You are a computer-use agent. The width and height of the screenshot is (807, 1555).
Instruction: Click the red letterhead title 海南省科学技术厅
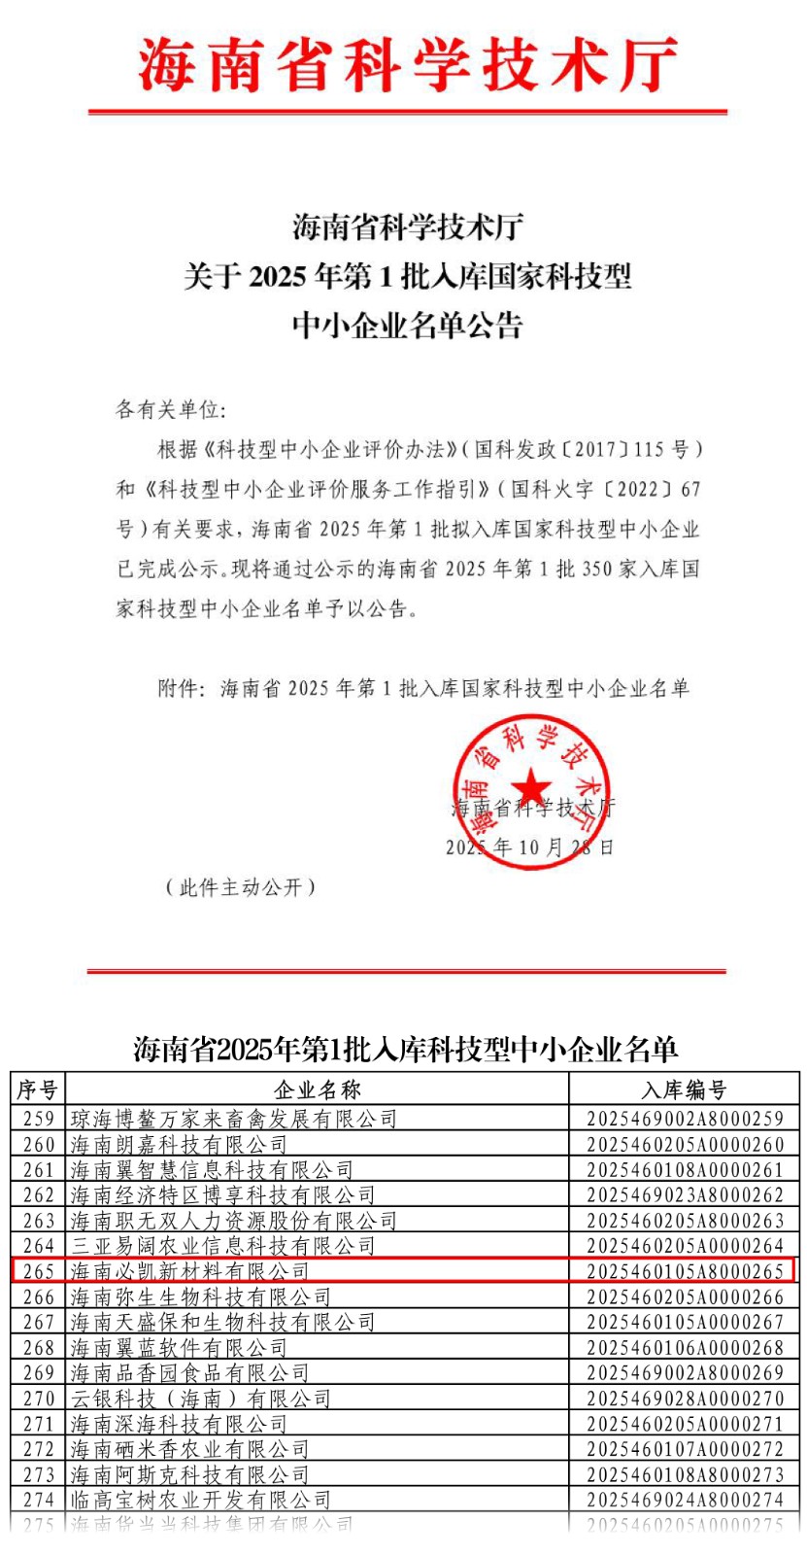point(407,64)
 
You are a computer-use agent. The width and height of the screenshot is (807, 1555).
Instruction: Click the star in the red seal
point(531,785)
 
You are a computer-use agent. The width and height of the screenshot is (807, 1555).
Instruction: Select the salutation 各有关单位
point(170,409)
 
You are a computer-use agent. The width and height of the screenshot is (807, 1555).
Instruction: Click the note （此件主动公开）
point(240,887)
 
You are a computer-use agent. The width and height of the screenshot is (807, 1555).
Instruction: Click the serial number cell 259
point(39,1119)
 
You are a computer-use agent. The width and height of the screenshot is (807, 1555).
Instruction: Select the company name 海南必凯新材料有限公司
point(189,1271)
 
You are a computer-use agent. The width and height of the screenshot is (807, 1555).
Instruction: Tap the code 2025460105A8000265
point(685,1271)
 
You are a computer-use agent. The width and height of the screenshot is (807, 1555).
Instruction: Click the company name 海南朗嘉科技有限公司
point(179,1144)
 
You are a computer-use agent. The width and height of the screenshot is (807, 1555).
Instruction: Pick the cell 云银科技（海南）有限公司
point(201,1399)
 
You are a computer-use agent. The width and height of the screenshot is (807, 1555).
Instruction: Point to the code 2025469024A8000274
point(685,1500)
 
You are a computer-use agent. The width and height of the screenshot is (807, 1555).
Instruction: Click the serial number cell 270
point(39,1399)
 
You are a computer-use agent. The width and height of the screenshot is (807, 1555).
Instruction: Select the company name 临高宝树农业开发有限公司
point(201,1500)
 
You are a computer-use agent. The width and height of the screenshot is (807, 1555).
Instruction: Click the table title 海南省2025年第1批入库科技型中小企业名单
point(405,1050)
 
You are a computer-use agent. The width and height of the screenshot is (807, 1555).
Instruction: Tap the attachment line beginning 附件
point(423,689)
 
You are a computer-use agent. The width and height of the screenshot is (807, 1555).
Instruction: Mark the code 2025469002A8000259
point(685,1119)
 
